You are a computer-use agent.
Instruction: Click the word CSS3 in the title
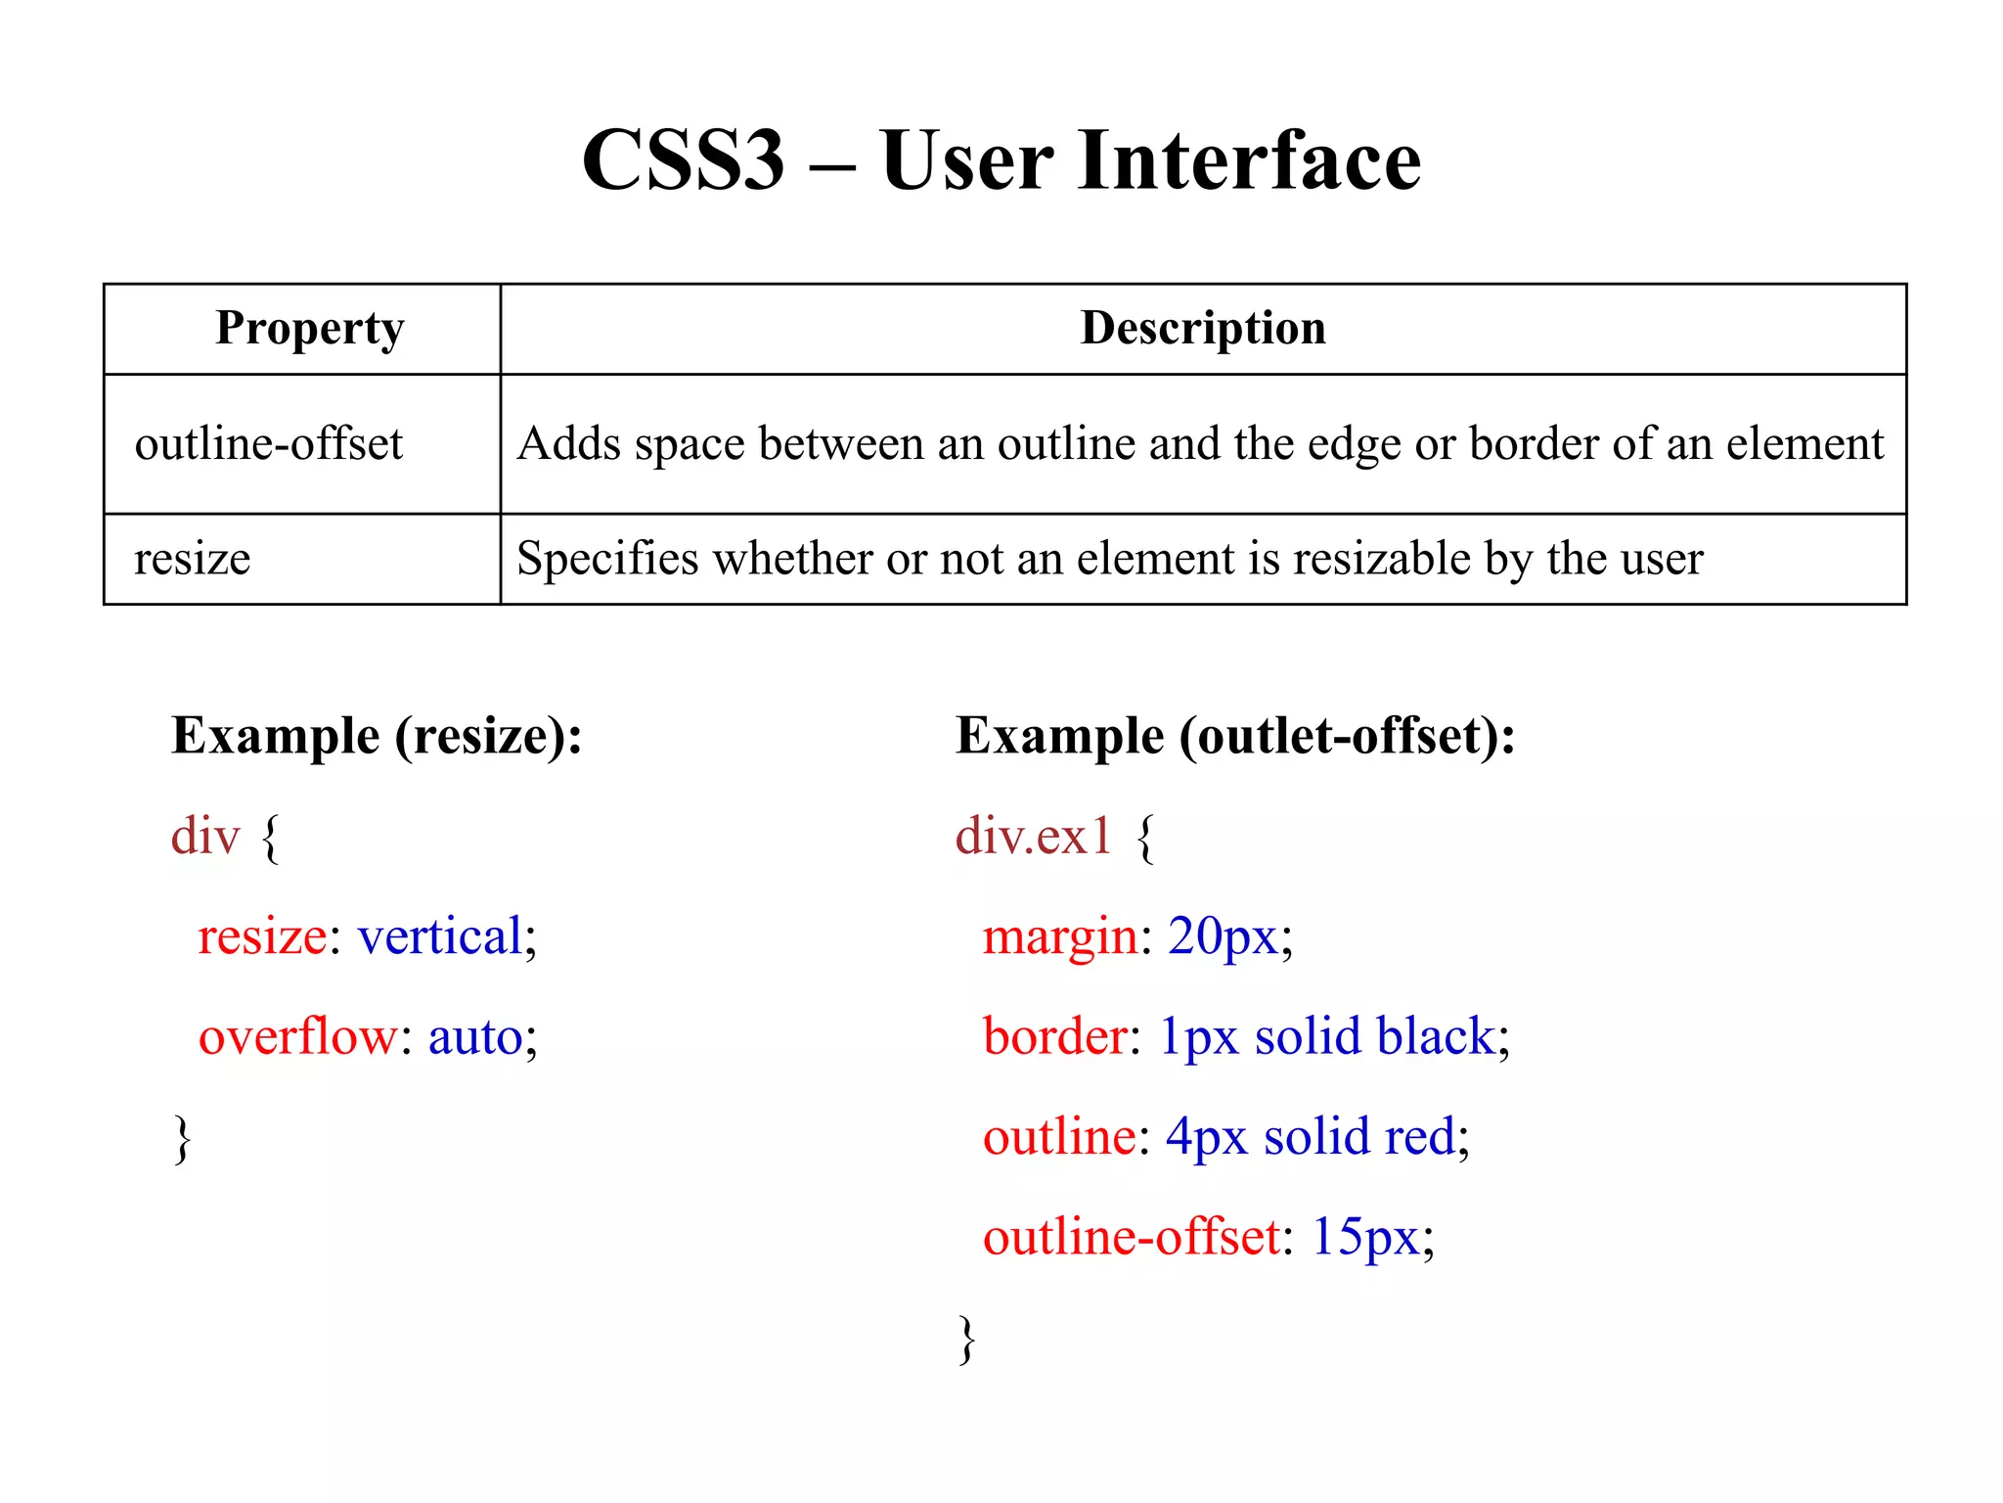[683, 160]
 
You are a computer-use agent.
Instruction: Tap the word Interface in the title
[1249, 160]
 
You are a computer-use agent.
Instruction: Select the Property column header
[309, 328]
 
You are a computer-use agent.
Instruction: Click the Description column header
[1203, 328]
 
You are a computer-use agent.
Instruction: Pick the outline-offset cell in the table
[268, 444]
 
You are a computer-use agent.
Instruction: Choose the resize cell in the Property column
[193, 559]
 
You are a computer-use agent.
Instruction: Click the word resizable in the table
[1381, 559]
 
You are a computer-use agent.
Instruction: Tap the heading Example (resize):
[377, 736]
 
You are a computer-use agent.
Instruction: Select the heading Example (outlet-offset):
[1235, 736]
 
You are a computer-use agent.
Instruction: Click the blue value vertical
[440, 936]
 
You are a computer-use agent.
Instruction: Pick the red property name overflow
[298, 1036]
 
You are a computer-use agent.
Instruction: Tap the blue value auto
[475, 1036]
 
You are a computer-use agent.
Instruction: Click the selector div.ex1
[1034, 837]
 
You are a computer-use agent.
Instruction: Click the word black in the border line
[1436, 1036]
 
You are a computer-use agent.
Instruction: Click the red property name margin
[1060, 936]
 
